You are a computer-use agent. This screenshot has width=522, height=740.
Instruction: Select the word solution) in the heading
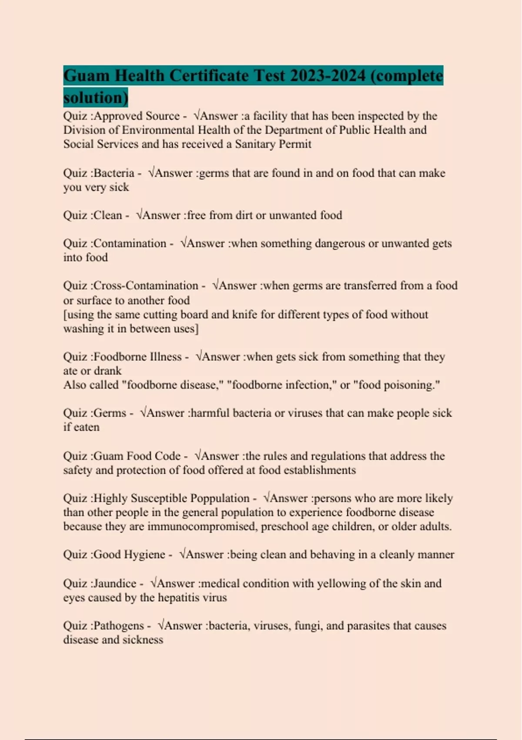(96, 97)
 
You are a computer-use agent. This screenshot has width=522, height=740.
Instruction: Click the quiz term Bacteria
(114, 173)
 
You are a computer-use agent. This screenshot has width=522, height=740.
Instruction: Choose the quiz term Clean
(108, 215)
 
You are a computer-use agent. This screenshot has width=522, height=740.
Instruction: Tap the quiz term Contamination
(130, 243)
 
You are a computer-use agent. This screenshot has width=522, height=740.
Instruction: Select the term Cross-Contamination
(146, 286)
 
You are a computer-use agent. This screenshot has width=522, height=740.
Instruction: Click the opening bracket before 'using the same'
(65, 315)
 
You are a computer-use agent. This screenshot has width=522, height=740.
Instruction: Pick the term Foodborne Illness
(137, 357)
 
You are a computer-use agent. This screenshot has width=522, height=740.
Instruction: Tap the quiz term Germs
(110, 413)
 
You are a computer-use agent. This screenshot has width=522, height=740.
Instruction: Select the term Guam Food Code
(137, 456)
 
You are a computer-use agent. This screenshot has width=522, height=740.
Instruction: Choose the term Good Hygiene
(130, 555)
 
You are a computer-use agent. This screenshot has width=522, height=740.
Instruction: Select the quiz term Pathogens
(118, 626)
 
